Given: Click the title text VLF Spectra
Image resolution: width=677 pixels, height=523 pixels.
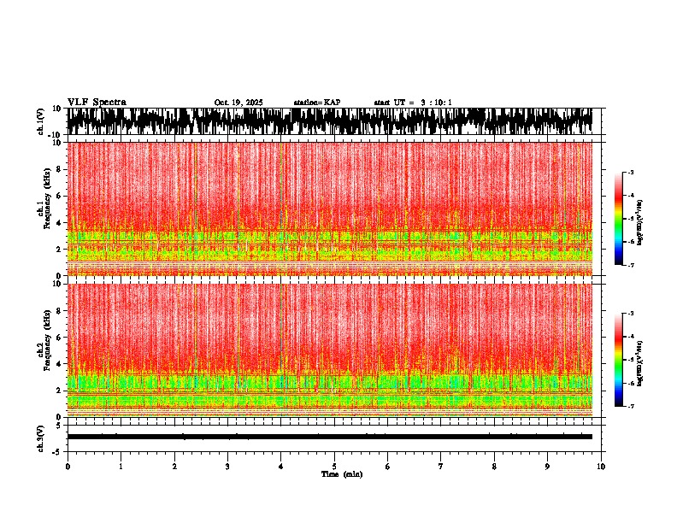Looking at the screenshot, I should click(97, 103).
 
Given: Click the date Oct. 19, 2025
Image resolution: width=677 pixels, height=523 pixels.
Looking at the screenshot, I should click(238, 103).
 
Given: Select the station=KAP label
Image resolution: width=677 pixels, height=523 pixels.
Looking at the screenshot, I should click(317, 103).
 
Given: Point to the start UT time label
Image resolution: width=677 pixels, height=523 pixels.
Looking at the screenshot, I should click(413, 103).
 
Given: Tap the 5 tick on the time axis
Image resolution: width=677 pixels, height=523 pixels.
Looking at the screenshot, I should click(334, 467).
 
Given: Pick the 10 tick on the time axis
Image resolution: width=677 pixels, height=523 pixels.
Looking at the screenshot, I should click(601, 467).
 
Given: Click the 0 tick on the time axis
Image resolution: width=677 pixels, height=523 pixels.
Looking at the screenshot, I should click(68, 467).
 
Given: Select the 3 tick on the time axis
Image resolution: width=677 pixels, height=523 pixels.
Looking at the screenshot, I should click(227, 467).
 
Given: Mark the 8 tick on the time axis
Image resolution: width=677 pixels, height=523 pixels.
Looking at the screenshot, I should click(494, 467).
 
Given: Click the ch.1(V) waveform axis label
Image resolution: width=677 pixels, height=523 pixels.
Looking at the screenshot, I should click(41, 121).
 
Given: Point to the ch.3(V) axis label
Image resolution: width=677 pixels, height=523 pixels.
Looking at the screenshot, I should click(41, 437).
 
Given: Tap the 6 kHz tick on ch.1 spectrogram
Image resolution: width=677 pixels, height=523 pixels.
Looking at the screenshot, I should click(61, 196).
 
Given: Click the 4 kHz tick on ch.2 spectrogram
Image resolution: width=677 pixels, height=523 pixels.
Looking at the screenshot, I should click(61, 363).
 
